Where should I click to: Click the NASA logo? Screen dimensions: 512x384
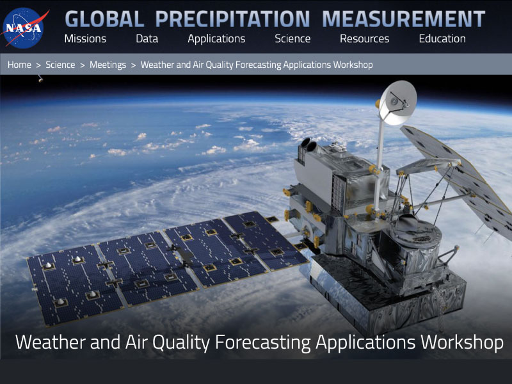point(24,28)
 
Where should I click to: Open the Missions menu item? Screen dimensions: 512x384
point(85,39)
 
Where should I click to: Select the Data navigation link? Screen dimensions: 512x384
point(147,39)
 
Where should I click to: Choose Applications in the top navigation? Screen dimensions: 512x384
point(216,39)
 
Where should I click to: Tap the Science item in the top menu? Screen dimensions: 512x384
point(292,39)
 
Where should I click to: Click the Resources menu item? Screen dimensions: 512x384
point(364,39)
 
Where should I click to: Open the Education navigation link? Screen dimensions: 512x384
point(442,39)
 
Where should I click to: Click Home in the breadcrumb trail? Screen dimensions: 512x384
point(19,65)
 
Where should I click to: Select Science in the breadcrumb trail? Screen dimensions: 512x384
point(60,65)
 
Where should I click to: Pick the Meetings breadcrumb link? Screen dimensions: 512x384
point(108,65)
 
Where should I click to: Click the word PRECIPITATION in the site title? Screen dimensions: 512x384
point(232,19)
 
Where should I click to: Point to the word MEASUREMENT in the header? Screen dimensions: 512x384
point(404,19)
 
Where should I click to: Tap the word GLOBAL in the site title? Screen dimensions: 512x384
point(104,19)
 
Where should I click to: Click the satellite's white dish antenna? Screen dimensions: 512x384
point(398,102)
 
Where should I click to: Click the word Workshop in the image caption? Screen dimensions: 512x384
point(461,342)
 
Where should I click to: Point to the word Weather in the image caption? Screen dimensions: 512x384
point(51,342)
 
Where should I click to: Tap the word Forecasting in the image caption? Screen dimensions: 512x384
point(263,343)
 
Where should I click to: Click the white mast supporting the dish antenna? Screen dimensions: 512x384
point(380,163)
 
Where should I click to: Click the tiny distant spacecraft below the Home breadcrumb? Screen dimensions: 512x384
point(40,78)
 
